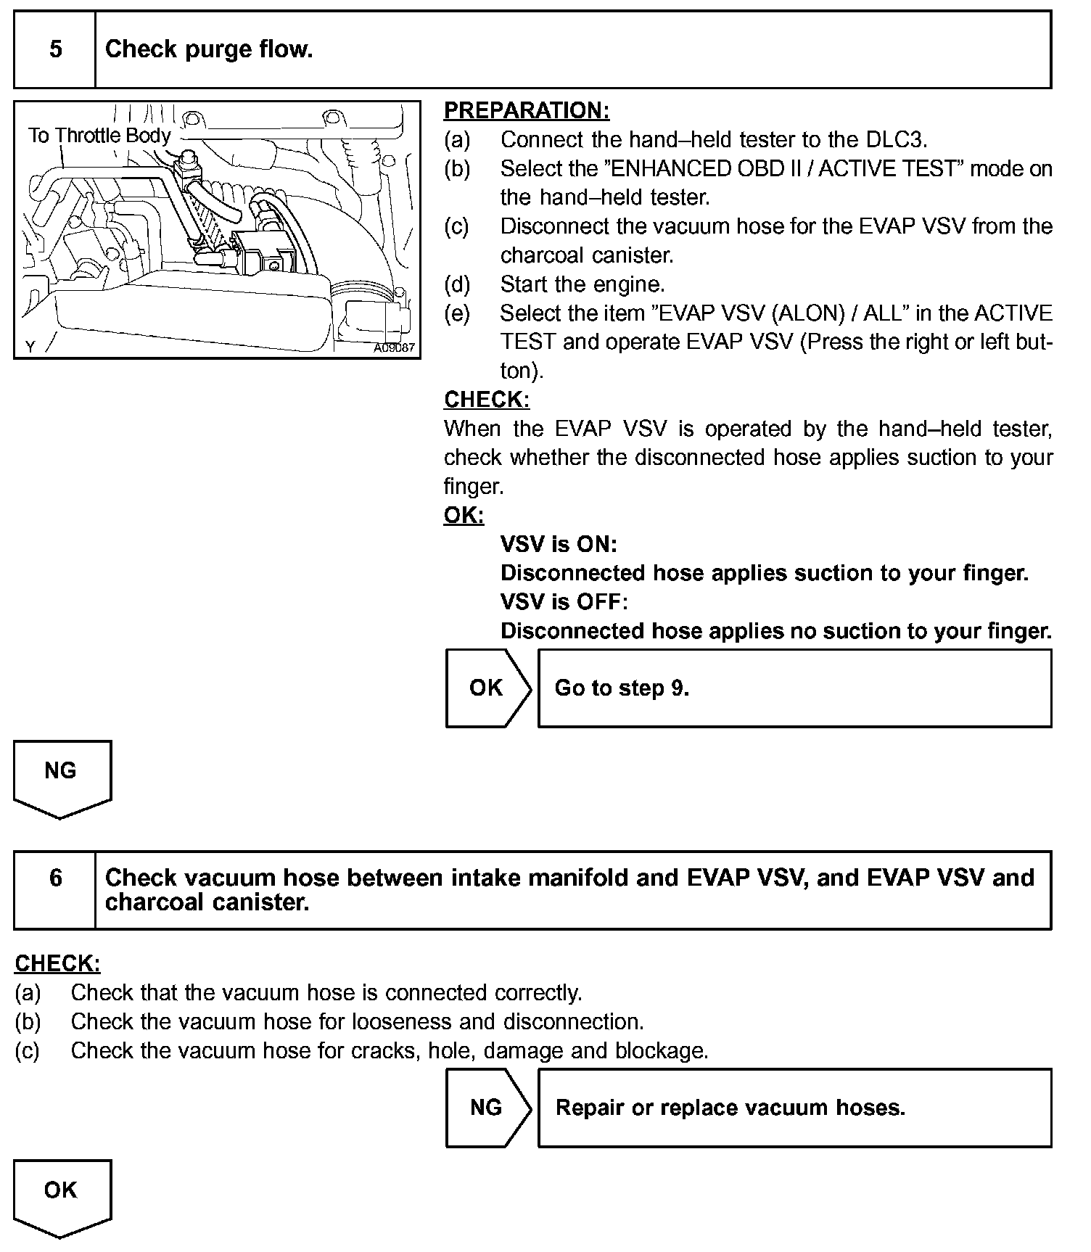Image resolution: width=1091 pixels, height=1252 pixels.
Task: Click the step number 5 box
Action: (x=55, y=49)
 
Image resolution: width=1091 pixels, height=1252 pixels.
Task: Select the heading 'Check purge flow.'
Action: (x=209, y=49)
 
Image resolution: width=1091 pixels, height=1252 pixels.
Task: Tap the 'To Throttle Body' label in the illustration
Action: (x=99, y=136)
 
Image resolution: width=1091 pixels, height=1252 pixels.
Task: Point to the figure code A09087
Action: (x=394, y=347)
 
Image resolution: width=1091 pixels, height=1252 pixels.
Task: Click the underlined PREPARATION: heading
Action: (x=527, y=111)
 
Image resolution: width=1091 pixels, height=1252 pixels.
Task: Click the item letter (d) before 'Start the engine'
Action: (x=457, y=284)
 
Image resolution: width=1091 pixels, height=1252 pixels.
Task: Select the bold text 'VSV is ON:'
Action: (x=559, y=544)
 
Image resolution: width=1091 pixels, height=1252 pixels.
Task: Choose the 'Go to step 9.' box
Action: (x=794, y=688)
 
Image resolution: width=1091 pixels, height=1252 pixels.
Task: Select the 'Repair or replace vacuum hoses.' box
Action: (x=794, y=1108)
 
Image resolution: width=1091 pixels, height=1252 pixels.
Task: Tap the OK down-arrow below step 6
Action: (x=62, y=1195)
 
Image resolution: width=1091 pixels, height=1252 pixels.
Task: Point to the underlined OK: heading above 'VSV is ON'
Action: (x=464, y=516)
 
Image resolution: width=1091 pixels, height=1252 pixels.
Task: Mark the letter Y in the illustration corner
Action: (x=30, y=347)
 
